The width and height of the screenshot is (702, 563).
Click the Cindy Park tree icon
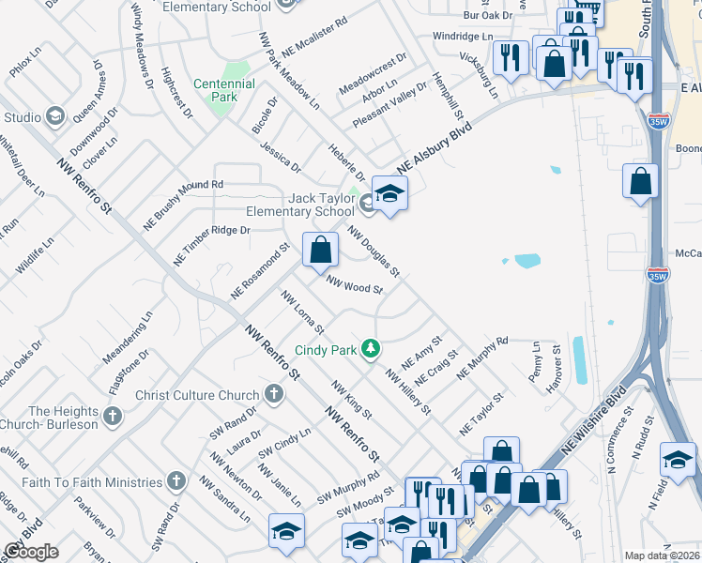tap(372, 350)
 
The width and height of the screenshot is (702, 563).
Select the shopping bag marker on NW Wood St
tap(320, 250)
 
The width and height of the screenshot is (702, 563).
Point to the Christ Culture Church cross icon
tap(274, 395)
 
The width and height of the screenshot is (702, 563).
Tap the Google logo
tap(31, 552)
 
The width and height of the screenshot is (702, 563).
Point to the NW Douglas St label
tap(374, 251)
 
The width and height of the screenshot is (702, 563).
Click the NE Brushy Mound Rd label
tap(182, 205)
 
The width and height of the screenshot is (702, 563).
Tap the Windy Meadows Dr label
tap(142, 44)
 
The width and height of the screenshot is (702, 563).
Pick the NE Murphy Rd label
tap(481, 358)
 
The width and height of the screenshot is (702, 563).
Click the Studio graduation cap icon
tap(55, 116)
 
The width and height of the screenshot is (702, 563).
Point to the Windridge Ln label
tap(462, 36)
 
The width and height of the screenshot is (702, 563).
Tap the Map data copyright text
tap(662, 555)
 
